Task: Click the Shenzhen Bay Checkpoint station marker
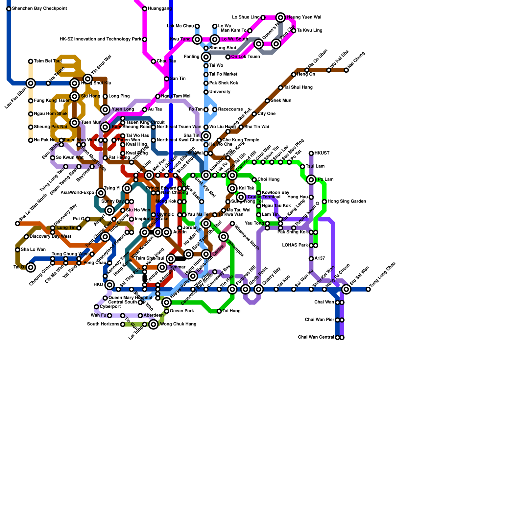tap(9, 9)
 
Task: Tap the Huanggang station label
tap(158, 9)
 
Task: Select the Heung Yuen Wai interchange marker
tap(280, 17)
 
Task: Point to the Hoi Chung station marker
tap(346, 70)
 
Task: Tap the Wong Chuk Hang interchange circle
tap(154, 324)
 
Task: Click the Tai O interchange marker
tap(31, 267)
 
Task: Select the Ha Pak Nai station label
tap(45, 140)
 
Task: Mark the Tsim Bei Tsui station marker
tap(31, 61)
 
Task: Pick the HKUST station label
tap(322, 153)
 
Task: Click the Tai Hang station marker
tap(219, 311)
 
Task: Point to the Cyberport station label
tap(110, 307)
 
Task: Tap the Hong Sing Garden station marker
tap(324, 202)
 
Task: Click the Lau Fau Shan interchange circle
tap(31, 83)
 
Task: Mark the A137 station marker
tap(311, 259)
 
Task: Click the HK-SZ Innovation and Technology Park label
tap(101, 39)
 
